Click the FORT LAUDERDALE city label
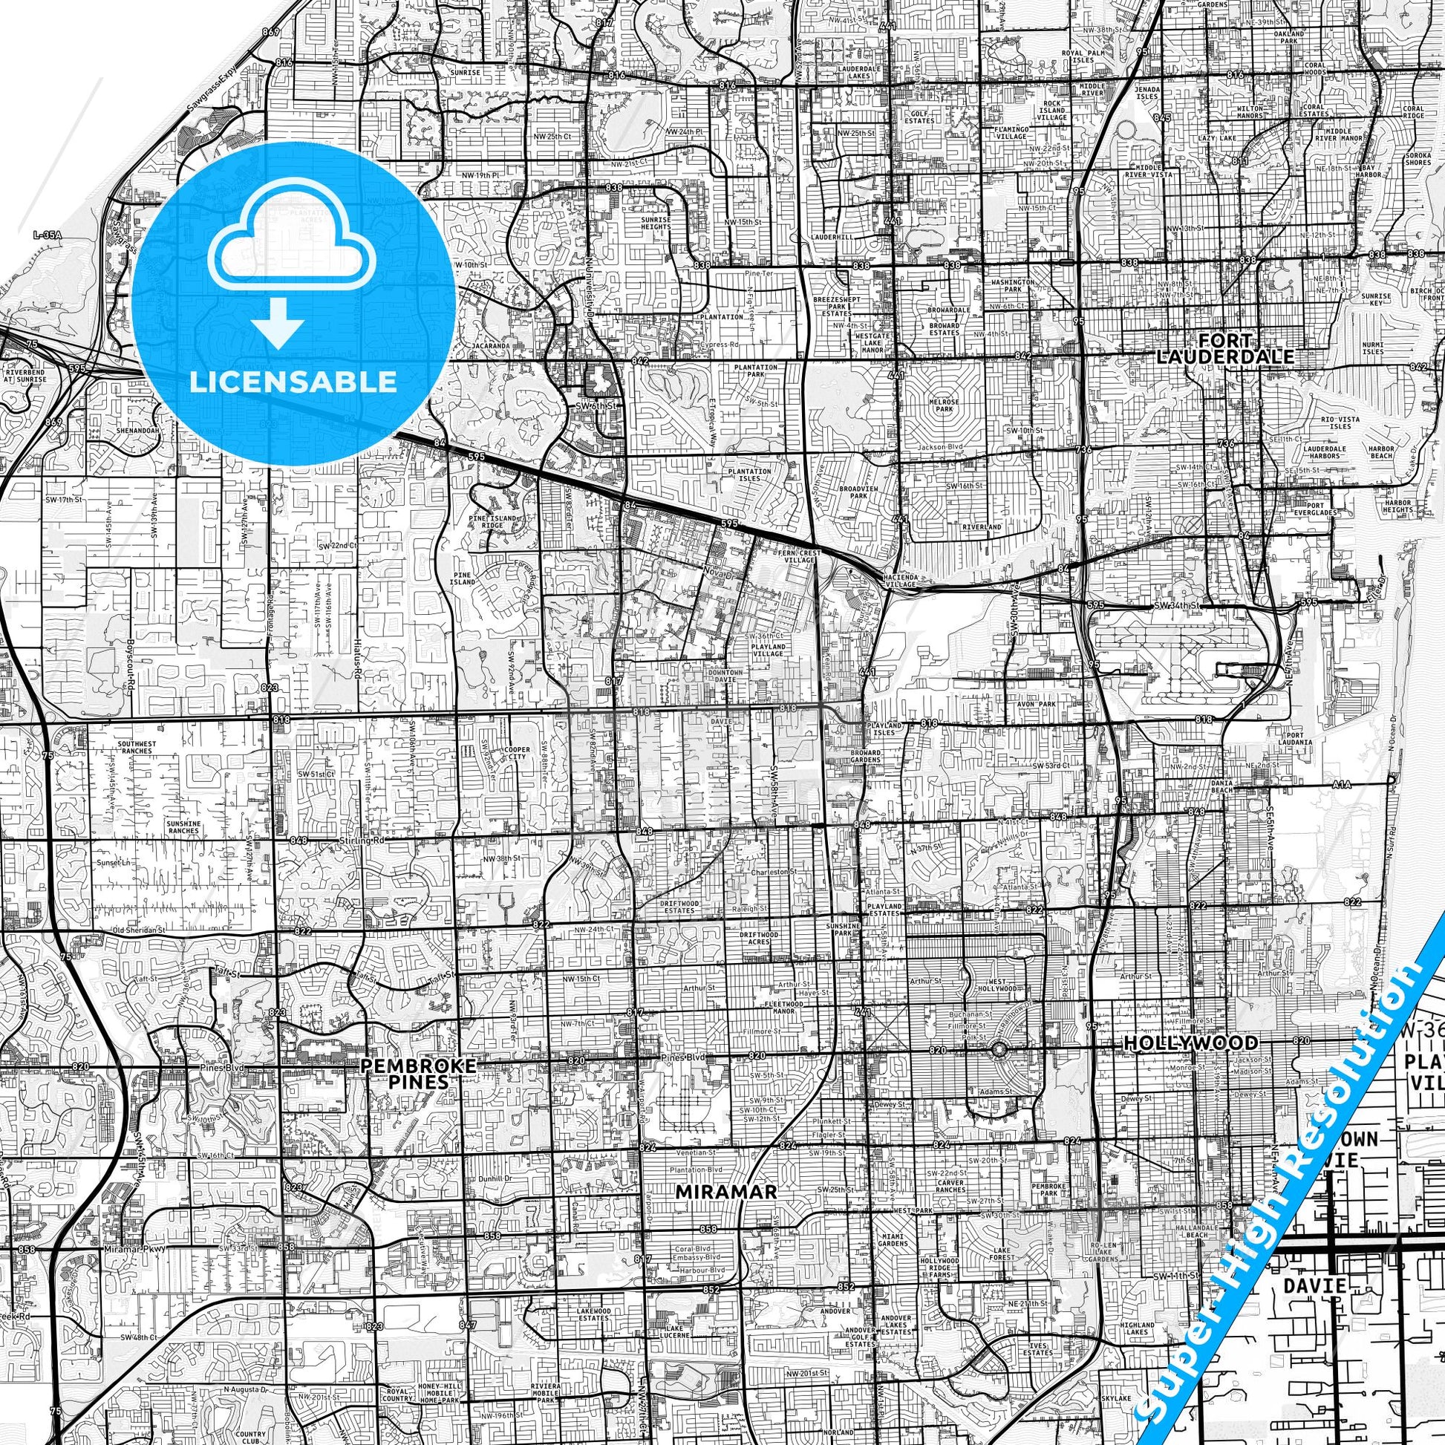click(1224, 349)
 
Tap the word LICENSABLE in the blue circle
click(293, 382)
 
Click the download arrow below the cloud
click(278, 324)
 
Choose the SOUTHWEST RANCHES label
click(135, 748)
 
